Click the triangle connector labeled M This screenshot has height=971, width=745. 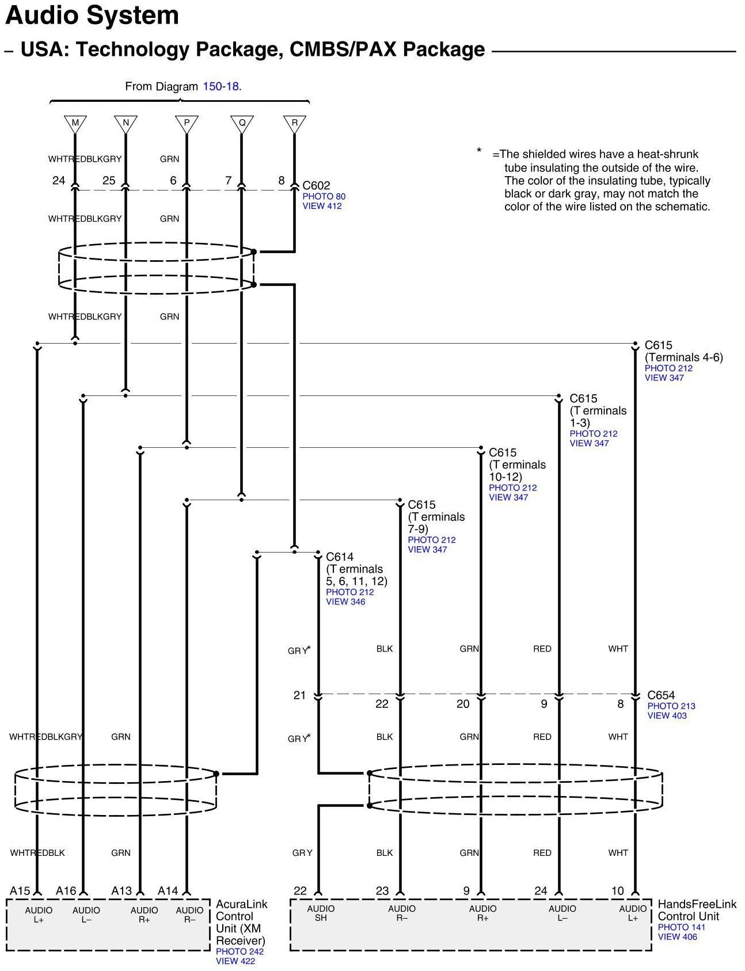75,123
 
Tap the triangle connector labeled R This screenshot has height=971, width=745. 295,123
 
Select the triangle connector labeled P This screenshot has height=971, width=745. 187,123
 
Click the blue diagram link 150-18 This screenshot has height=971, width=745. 221,86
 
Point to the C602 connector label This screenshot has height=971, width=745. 317,185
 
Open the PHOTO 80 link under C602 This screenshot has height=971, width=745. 324,196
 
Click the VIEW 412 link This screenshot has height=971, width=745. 322,206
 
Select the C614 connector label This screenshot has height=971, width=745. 340,557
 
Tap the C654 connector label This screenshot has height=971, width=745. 661,695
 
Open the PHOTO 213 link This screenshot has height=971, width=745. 671,706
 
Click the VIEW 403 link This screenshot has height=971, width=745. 667,715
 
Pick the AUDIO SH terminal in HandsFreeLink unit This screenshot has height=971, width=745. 321,913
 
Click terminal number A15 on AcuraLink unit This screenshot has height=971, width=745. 20,890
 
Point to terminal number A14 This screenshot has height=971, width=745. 168,890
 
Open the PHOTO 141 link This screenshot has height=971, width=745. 682,927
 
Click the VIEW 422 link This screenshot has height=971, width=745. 235,961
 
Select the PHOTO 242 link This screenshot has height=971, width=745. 240,951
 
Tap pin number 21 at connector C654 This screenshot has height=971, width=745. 299,695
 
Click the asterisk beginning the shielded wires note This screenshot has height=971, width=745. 479,151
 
